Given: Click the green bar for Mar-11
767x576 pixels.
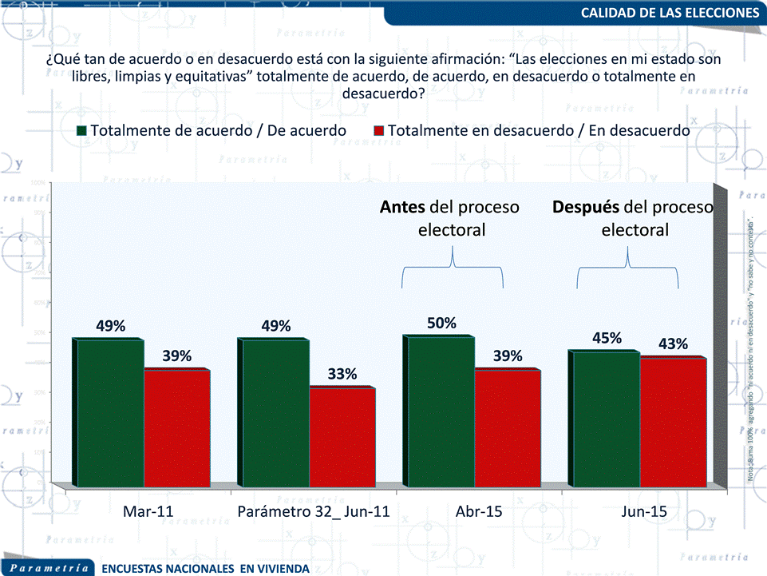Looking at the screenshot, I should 109,412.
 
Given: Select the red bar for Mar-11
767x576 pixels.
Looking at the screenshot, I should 176,427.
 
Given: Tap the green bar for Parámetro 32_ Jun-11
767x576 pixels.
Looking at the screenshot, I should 275,412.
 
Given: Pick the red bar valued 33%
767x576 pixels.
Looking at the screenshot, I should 342,436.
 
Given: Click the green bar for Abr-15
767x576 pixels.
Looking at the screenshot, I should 440,411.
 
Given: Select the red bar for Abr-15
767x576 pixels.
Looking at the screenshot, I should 507,427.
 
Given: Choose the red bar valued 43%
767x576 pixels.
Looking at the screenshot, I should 673,422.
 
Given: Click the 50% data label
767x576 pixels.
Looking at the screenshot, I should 441,324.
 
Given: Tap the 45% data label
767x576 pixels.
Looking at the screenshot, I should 607,338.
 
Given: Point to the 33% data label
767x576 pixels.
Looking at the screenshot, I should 342,374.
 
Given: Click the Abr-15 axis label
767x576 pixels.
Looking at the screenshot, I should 479,512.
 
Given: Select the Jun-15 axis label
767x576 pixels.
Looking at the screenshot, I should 644,512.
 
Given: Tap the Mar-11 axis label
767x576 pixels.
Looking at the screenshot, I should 148,512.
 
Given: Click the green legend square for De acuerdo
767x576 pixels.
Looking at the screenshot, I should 81,130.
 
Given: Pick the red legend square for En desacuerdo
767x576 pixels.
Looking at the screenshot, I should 379,130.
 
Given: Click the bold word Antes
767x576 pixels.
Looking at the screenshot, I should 401,207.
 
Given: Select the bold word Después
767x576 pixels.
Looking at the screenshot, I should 586,207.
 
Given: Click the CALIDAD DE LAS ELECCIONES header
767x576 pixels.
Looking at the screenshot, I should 669,13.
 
